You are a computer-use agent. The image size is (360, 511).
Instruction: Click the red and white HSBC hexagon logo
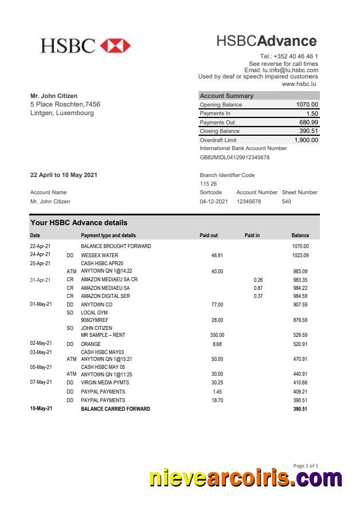click(115, 46)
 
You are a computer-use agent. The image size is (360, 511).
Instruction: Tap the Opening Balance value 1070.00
click(307, 105)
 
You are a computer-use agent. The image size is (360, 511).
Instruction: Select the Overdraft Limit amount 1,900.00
click(306, 140)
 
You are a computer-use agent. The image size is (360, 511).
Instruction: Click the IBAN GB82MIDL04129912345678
click(234, 157)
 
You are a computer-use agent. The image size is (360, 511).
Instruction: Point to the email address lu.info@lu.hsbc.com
click(290, 70)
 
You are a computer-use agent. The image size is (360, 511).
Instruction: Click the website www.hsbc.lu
click(299, 84)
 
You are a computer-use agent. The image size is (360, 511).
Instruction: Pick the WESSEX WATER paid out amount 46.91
click(217, 256)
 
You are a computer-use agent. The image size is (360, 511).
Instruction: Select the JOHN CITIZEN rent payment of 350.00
click(217, 335)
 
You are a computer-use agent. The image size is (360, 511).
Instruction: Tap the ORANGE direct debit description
click(90, 344)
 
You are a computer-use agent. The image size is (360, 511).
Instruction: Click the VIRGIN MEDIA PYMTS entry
click(105, 383)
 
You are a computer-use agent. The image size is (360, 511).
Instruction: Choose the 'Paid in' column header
click(252, 235)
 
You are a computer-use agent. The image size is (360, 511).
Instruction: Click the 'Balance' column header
click(300, 235)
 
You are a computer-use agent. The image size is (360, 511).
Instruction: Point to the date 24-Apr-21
click(40, 255)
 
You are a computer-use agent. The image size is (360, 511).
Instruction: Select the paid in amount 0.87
click(258, 288)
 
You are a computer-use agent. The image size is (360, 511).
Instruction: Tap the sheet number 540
click(286, 202)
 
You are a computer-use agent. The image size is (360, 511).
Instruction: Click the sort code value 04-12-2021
click(213, 202)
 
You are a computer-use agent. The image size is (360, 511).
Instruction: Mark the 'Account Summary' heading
click(226, 96)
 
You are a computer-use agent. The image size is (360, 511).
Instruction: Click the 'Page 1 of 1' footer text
click(306, 466)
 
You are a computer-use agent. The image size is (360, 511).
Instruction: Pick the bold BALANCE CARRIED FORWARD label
click(115, 409)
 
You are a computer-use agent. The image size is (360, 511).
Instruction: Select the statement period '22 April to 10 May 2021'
click(64, 175)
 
